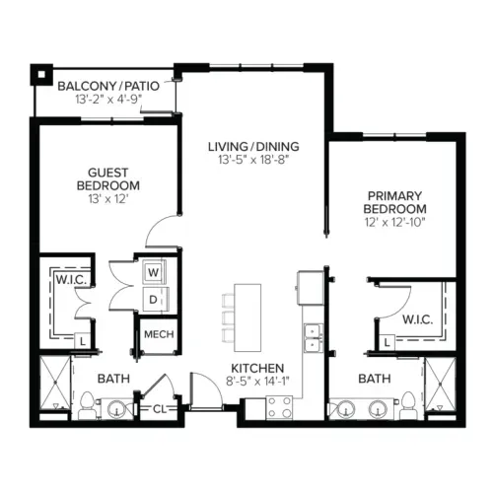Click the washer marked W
pos(154,272)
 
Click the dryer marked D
pos(154,299)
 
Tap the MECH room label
pos(159,334)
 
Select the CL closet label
pos(160,409)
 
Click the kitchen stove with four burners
pos(279,407)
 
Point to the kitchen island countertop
pos(247,317)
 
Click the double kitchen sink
pos(314,338)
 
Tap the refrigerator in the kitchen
pos(311,288)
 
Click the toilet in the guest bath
pos(87,406)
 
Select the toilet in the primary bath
pos(408,405)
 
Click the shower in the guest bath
pos(55,383)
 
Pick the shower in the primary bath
pos(441,384)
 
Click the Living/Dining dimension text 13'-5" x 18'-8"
pos(253,160)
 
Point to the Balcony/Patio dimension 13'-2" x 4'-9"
pos(108,100)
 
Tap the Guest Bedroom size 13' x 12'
pos(107,199)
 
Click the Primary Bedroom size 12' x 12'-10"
pos(394,222)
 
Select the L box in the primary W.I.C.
pos(387,343)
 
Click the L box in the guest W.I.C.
pos(82,341)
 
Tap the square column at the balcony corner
pos(41,75)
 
